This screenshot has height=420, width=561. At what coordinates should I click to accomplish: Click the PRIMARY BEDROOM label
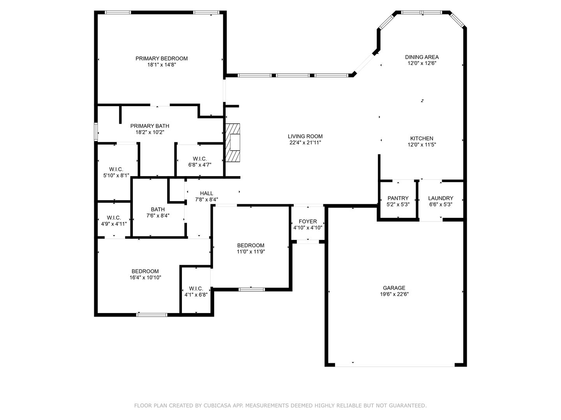coord(162,58)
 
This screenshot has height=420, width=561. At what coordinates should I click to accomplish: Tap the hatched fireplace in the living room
coord(233,143)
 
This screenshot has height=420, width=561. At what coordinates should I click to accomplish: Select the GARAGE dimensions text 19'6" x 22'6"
coord(394,294)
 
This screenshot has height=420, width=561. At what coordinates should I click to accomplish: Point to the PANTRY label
coord(398,198)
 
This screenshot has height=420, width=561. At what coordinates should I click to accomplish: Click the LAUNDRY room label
coord(441,198)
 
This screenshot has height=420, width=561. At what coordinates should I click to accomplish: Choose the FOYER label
coord(308,221)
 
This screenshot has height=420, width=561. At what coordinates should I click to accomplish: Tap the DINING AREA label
coord(422,57)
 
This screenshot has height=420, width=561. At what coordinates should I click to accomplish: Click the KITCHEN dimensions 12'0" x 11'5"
coord(422,145)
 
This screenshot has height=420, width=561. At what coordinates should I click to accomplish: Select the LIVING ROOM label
coord(305,136)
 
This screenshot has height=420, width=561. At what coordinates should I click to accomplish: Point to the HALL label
coord(206,193)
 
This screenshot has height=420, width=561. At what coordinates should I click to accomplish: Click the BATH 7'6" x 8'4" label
coord(158,212)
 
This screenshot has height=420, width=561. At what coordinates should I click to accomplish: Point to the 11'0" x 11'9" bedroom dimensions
coord(251,252)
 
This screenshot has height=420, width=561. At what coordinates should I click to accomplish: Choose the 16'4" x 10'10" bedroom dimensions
coord(145,277)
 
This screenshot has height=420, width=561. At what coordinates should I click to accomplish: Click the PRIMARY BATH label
coord(150,126)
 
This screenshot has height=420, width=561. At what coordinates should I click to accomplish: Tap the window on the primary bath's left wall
coord(96,132)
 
